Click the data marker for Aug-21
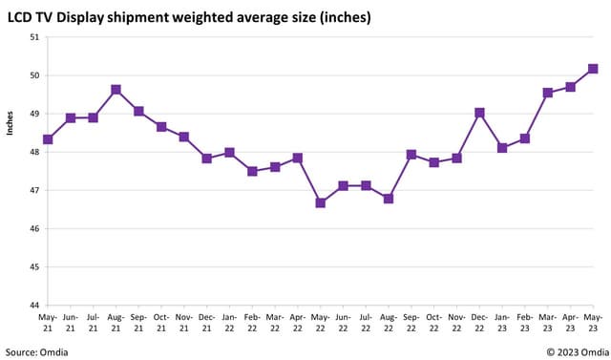coord(116,90)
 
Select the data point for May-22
coord(321,202)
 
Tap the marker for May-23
coord(593,69)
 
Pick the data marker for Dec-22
coord(479,113)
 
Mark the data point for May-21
coord(48,139)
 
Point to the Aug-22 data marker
coord(389,199)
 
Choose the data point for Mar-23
coord(548,93)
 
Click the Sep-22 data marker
coord(411,155)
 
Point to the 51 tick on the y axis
coord(35,37)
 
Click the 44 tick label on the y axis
coord(35,306)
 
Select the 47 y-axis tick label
coord(35,191)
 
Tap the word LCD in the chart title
coord(23,17)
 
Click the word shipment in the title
coord(145,17)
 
